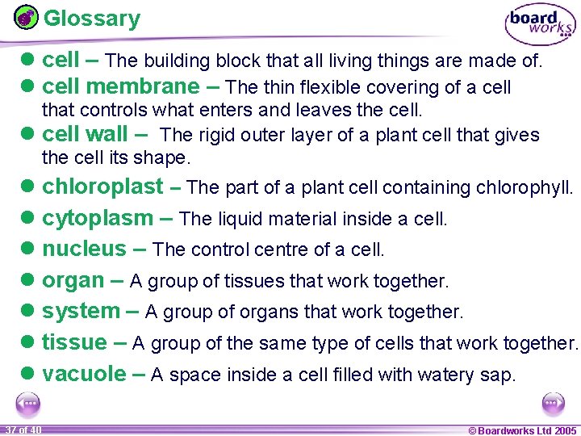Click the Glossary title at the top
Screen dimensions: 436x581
[x=91, y=19]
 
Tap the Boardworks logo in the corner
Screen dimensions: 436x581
[x=540, y=25]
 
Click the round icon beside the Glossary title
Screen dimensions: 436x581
[x=26, y=17]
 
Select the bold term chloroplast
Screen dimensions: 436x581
[x=102, y=187]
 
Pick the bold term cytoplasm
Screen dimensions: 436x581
[x=97, y=218]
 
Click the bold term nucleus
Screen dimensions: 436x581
[x=84, y=249]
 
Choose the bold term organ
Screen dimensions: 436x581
[x=73, y=281]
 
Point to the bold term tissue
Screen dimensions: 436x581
[x=74, y=342]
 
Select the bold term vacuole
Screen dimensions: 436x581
[x=84, y=374]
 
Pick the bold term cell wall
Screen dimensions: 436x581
[x=85, y=135]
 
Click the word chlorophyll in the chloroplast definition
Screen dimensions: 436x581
[x=524, y=188]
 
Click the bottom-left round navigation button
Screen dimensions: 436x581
[x=28, y=403]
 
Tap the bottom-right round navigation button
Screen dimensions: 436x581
[x=553, y=403]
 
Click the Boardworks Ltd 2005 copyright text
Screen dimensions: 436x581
[x=523, y=430]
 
